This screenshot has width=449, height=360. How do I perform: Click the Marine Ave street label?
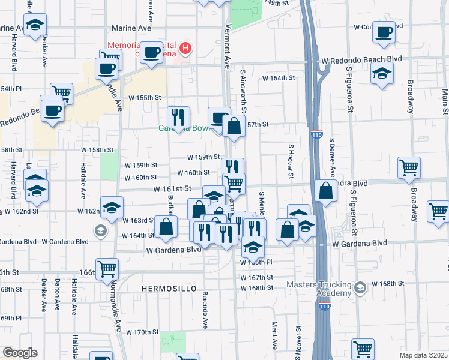coord(130,28)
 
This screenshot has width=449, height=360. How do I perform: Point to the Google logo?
coord(20,353)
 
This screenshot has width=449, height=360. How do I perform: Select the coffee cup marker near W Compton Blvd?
coord(384,32)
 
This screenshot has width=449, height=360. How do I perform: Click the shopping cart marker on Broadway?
coord(409,168)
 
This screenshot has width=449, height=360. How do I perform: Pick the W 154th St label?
coord(278,78)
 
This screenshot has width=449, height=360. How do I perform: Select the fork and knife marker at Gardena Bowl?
coord(178,116)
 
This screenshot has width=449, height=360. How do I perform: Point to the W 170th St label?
coord(142,332)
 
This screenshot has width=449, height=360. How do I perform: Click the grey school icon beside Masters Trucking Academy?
coord(360,288)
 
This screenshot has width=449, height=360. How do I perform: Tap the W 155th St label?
coord(145,97)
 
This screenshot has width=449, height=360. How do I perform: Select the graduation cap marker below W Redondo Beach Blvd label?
coord(381,75)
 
